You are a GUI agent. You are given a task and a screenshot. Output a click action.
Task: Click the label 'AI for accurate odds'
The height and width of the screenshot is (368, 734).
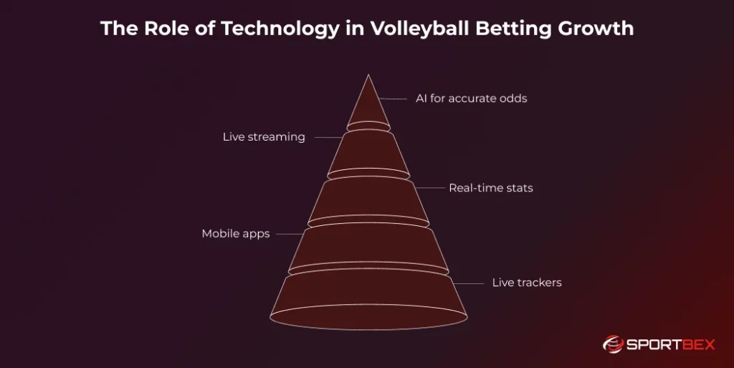471,98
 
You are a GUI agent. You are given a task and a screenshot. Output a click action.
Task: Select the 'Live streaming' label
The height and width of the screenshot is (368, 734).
264,137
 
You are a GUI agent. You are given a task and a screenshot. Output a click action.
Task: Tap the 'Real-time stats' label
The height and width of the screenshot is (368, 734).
490,188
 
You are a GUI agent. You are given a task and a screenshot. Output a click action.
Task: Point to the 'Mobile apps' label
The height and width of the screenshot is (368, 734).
236,234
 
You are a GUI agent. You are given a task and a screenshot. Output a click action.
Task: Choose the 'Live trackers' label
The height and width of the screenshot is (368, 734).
527,283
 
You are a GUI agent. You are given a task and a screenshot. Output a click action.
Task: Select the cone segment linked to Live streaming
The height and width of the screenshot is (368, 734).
368,154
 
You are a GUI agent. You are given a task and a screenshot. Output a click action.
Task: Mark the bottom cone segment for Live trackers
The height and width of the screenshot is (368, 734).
368,298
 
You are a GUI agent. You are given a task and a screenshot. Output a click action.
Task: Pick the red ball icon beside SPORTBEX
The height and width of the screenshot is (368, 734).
614,345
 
